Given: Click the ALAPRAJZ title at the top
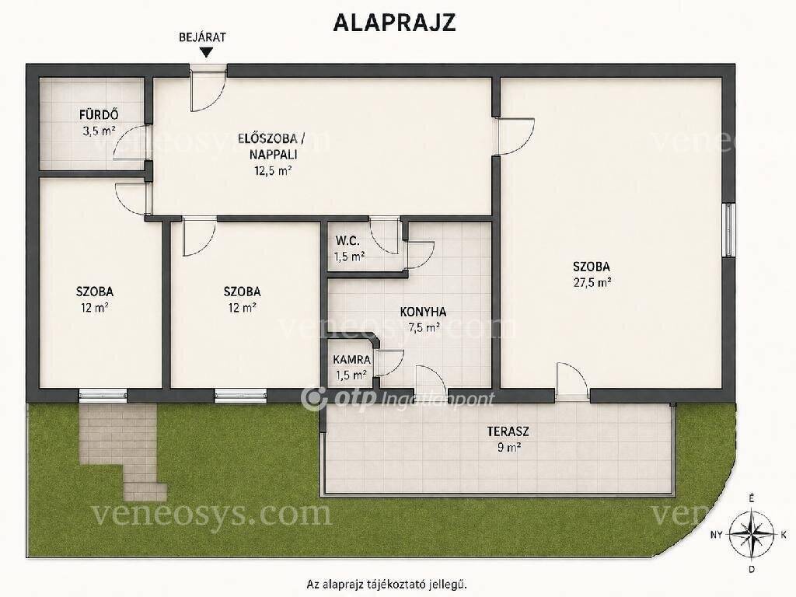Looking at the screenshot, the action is tap(394, 23).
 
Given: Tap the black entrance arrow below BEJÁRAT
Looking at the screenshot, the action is tap(206, 52).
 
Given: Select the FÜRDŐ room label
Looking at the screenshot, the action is tap(99, 115).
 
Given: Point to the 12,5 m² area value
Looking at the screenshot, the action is tap(273, 170).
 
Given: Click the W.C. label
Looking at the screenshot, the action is tap(347, 241).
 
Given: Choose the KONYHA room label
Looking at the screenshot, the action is tap(423, 312).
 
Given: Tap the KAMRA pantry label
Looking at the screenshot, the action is tap(352, 359).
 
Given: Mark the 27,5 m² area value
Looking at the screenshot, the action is tap(592, 283).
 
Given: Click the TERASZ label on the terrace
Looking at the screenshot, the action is tap(508, 432).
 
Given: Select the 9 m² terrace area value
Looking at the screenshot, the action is tap(508, 448).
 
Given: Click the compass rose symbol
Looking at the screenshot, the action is tap(752, 534).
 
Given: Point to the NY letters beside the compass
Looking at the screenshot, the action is tap(716, 535).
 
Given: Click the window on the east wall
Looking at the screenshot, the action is tap(729, 230).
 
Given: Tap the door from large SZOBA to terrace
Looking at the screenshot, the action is tap(572, 381).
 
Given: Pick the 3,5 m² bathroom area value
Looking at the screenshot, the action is tap(99, 131).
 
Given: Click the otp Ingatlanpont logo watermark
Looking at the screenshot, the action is tap(397, 399).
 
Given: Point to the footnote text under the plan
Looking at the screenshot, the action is tap(387, 584).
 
